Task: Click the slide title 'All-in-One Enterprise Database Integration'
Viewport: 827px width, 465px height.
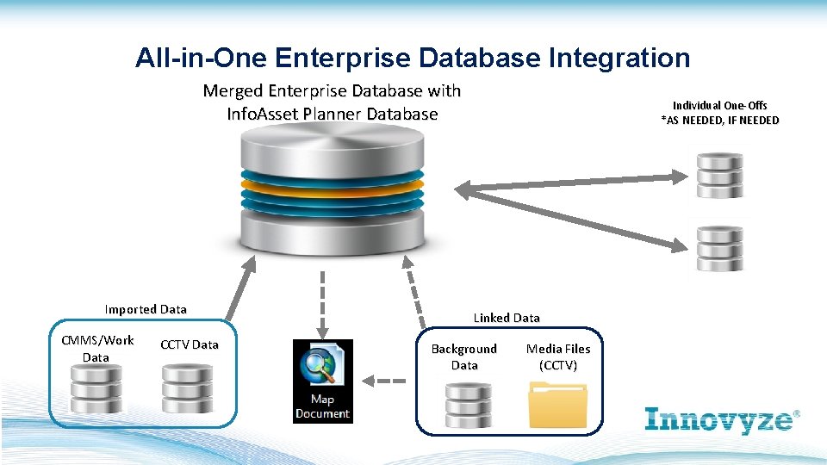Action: click(413, 58)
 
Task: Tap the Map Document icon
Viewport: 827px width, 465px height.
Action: click(322, 381)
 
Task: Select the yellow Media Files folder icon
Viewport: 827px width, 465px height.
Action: click(557, 405)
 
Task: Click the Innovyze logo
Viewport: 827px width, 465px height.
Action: click(722, 419)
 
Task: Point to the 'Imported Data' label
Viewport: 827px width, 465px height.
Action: click(146, 309)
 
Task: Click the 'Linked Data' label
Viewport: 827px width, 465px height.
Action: click(507, 318)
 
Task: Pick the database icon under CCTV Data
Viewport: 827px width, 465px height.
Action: click(189, 388)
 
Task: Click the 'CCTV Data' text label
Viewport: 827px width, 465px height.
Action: click(189, 344)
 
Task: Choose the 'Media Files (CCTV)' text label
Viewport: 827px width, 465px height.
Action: click(558, 356)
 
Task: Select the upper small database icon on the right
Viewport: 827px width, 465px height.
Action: click(719, 175)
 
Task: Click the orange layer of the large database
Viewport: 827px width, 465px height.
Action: click(333, 184)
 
